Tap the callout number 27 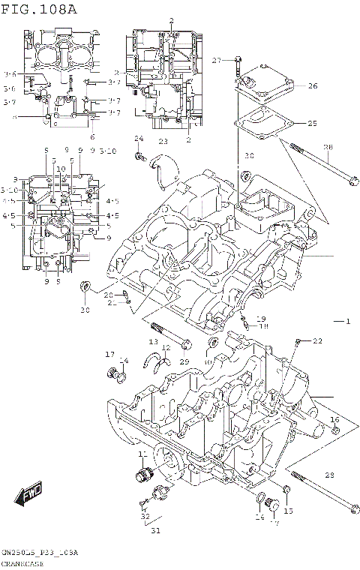(x=216, y=60)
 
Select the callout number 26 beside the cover (x=312, y=86)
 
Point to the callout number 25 (x=312, y=123)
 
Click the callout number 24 (x=139, y=139)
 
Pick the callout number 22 (x=317, y=341)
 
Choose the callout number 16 (x=334, y=419)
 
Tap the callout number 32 (x=145, y=516)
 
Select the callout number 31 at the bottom (x=155, y=533)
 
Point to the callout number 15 (x=288, y=511)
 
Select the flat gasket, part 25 (x=259, y=120)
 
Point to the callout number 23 (x=163, y=142)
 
